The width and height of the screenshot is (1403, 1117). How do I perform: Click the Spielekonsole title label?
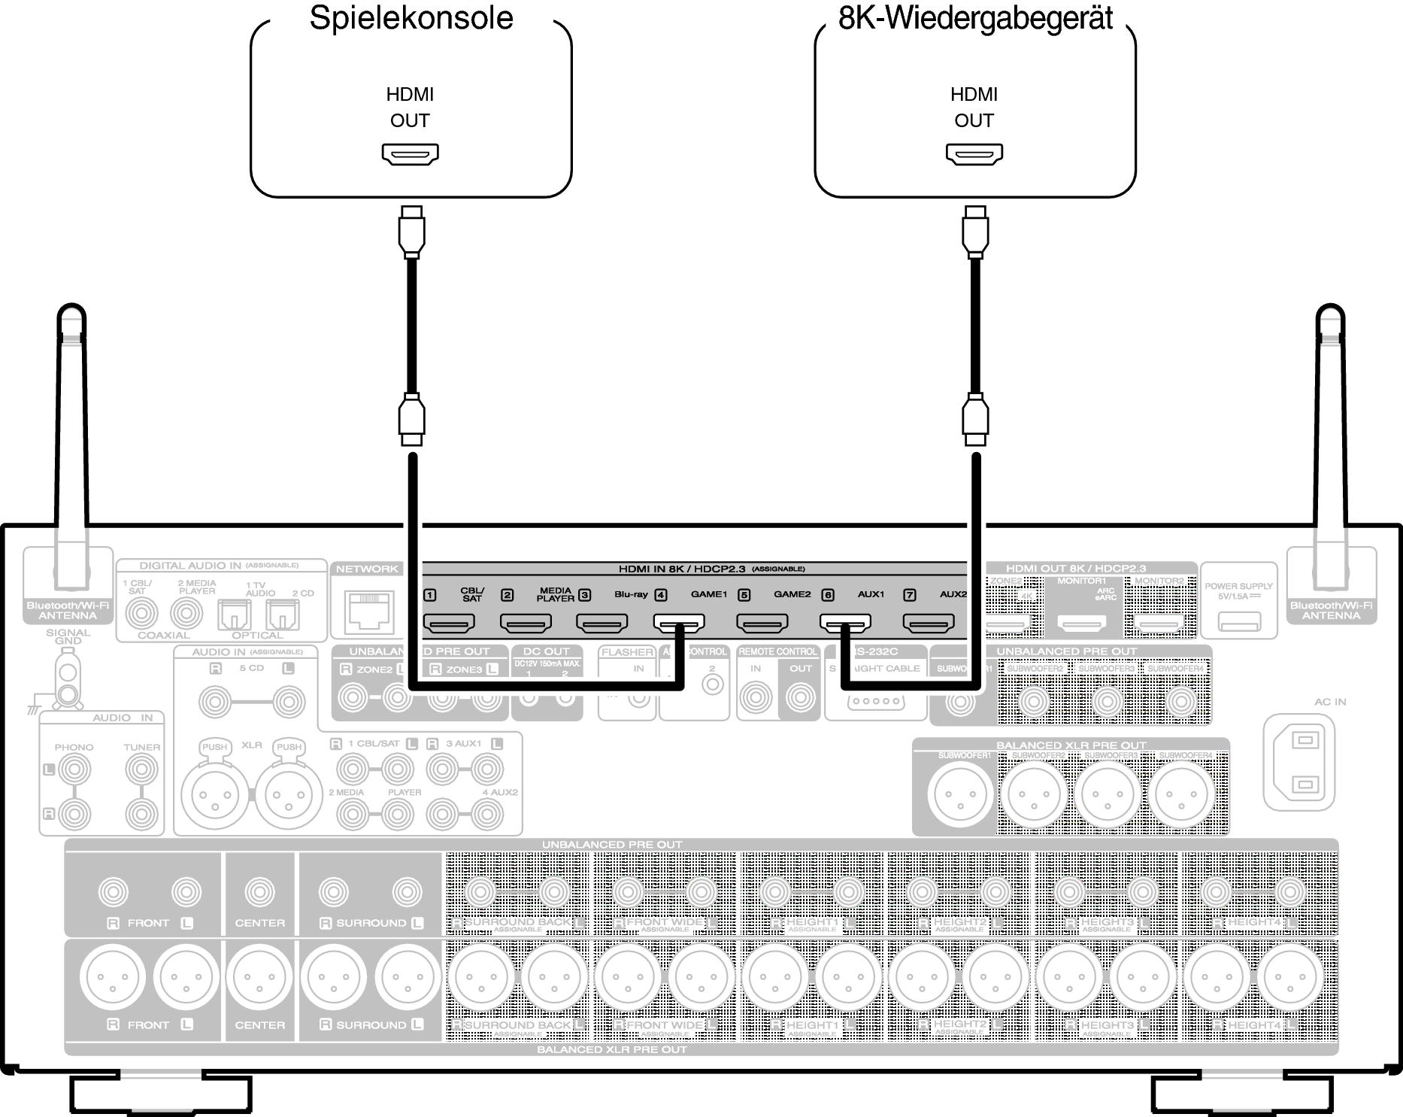click(411, 19)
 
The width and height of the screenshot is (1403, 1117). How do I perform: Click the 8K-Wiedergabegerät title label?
click(975, 19)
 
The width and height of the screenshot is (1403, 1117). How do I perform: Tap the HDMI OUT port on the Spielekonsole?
click(411, 154)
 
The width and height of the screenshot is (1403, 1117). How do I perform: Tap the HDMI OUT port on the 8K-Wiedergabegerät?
click(974, 154)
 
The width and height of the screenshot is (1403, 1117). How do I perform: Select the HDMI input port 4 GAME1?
click(678, 623)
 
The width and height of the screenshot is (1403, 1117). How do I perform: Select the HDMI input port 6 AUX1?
click(844, 623)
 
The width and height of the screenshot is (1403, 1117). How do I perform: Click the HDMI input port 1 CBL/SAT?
click(449, 623)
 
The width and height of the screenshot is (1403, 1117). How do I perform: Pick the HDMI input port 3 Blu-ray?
click(602, 623)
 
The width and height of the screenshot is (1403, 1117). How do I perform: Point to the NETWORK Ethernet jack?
click(368, 611)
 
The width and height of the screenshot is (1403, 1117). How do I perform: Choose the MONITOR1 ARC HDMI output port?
click(1083, 623)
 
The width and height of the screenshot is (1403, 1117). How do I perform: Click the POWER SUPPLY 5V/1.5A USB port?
click(1238, 622)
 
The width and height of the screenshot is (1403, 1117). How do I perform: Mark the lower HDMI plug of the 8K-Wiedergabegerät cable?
click(975, 419)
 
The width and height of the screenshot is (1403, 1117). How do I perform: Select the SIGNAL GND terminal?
click(68, 681)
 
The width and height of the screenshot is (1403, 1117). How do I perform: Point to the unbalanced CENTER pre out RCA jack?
click(259, 892)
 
